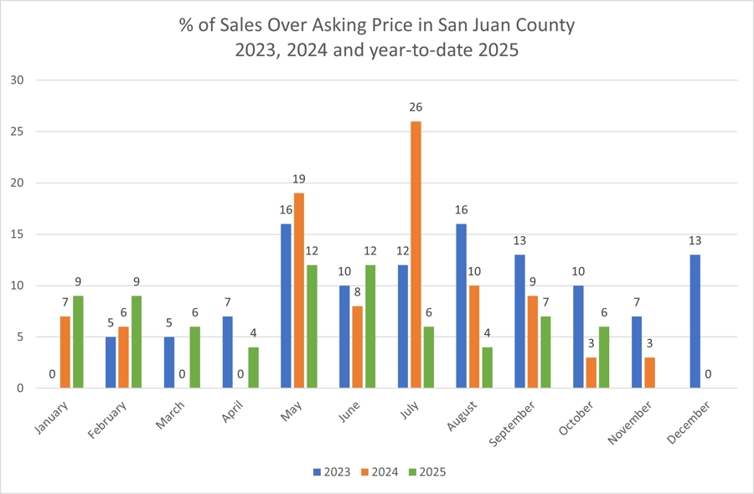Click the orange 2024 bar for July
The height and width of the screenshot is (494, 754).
pos(416,255)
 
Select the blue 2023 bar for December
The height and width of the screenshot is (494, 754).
pos(695,322)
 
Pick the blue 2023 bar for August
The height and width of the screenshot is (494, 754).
pos(462,306)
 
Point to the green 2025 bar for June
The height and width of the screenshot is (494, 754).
pos(369,327)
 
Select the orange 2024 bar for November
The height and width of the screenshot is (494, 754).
pos(648,373)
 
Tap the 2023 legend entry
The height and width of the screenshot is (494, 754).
pos(332,472)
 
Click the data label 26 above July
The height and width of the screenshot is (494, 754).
pos(416,108)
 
